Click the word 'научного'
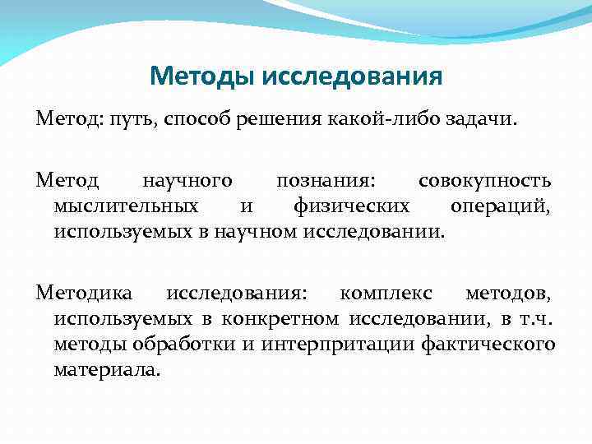point(187,180)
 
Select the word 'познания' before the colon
point(322,180)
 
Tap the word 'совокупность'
point(484,180)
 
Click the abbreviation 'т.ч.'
point(535,318)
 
